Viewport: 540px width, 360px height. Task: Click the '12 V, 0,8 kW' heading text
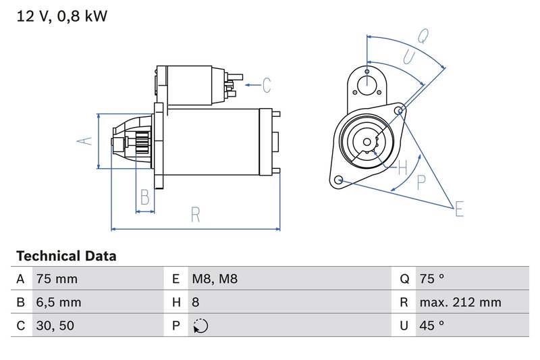point(61,16)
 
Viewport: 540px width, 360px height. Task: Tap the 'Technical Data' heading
point(66,256)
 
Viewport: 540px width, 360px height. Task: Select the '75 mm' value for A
point(57,279)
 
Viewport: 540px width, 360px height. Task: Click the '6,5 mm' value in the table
point(59,303)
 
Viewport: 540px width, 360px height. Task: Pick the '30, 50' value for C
point(55,326)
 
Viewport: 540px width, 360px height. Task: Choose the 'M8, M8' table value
point(215,279)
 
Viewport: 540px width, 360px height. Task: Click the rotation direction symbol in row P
point(200,326)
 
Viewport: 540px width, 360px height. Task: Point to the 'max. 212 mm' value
point(460,303)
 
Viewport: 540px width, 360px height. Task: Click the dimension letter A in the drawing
point(84,141)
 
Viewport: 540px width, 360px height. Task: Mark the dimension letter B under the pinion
point(144,197)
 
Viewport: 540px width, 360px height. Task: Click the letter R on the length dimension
point(195,215)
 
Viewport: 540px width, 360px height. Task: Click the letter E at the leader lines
point(459,209)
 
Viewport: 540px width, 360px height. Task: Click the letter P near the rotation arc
point(422,181)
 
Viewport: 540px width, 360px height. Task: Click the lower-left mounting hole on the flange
point(340,180)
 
